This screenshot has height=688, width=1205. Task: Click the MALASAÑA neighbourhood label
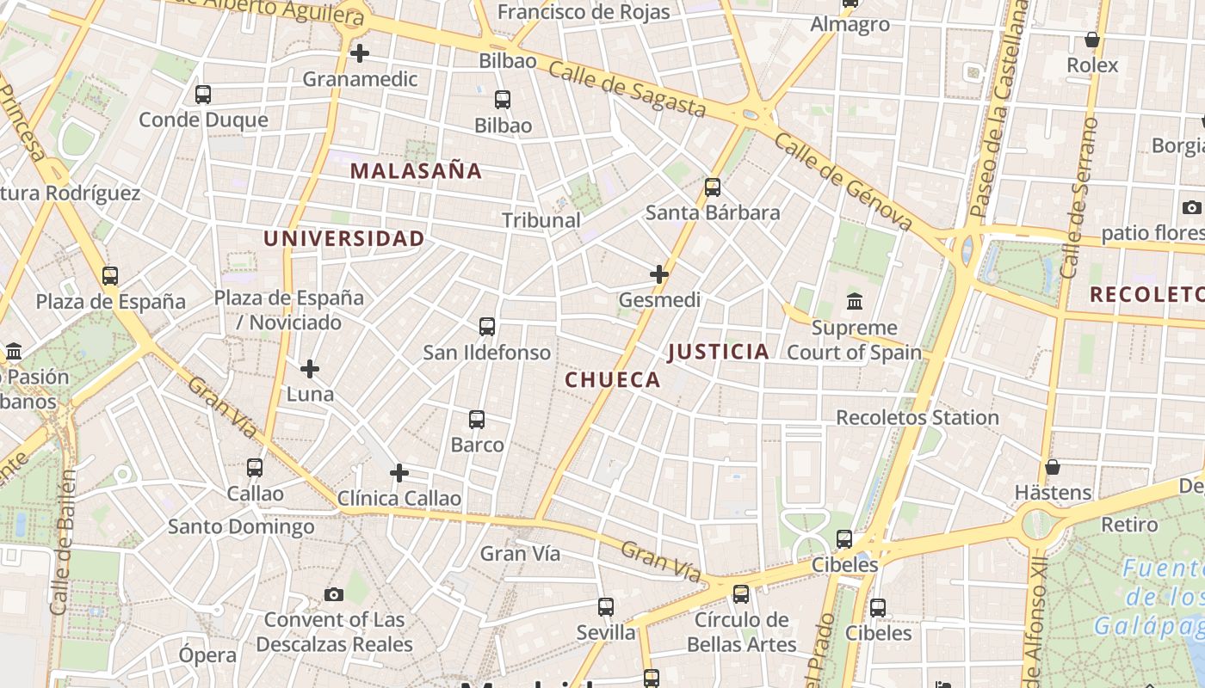coord(416,171)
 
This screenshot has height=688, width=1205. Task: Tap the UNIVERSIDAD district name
coord(343,239)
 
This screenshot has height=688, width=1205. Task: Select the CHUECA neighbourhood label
coord(613,380)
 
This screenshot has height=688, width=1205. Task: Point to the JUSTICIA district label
coord(718,352)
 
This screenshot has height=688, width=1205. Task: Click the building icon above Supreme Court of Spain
coord(855,302)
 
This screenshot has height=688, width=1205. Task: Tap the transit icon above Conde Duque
coord(203,95)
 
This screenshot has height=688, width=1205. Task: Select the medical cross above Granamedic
coord(360,53)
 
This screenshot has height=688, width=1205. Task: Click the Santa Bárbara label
coord(713,212)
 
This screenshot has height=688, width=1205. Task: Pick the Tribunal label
coord(541,220)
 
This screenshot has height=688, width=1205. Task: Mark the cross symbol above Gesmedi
coord(659,274)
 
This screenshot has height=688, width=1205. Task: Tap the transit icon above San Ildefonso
coord(487,327)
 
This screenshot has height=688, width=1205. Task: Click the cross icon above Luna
coord(310,370)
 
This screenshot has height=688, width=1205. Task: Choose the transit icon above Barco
coord(477,420)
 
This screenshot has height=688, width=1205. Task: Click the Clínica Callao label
coord(399,499)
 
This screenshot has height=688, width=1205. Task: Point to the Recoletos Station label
coord(918,418)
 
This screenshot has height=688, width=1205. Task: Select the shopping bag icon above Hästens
coord(1052,468)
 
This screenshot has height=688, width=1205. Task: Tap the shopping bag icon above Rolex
coord(1092,40)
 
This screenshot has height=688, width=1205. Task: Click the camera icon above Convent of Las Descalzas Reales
coord(334,594)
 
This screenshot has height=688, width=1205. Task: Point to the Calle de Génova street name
coord(843,181)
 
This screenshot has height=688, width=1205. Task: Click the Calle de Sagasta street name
coord(627,89)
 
